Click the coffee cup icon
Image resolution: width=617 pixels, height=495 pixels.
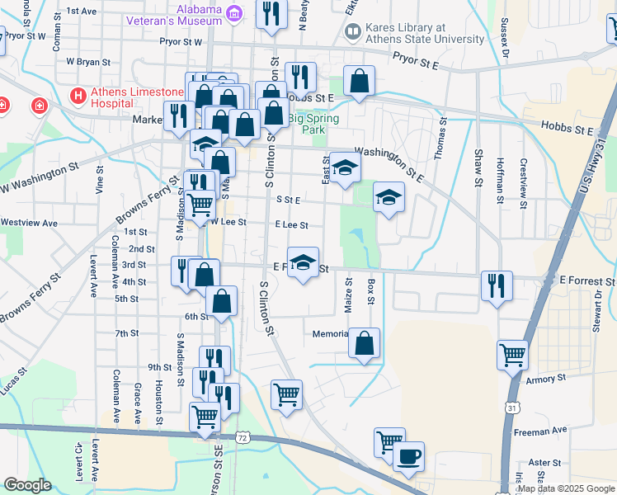[408, 456]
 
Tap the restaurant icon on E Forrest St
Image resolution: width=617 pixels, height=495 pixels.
[497, 285]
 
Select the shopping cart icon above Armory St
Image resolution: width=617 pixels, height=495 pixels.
[512, 355]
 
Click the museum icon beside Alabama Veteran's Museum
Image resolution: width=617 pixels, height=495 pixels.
[234, 13]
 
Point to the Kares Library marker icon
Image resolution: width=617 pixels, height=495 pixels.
[353, 32]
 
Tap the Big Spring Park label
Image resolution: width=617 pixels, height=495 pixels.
[306, 124]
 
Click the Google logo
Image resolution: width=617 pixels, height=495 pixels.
[27, 484]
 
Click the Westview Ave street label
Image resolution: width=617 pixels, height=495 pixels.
[29, 223]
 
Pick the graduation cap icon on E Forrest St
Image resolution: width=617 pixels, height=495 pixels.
[303, 262]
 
